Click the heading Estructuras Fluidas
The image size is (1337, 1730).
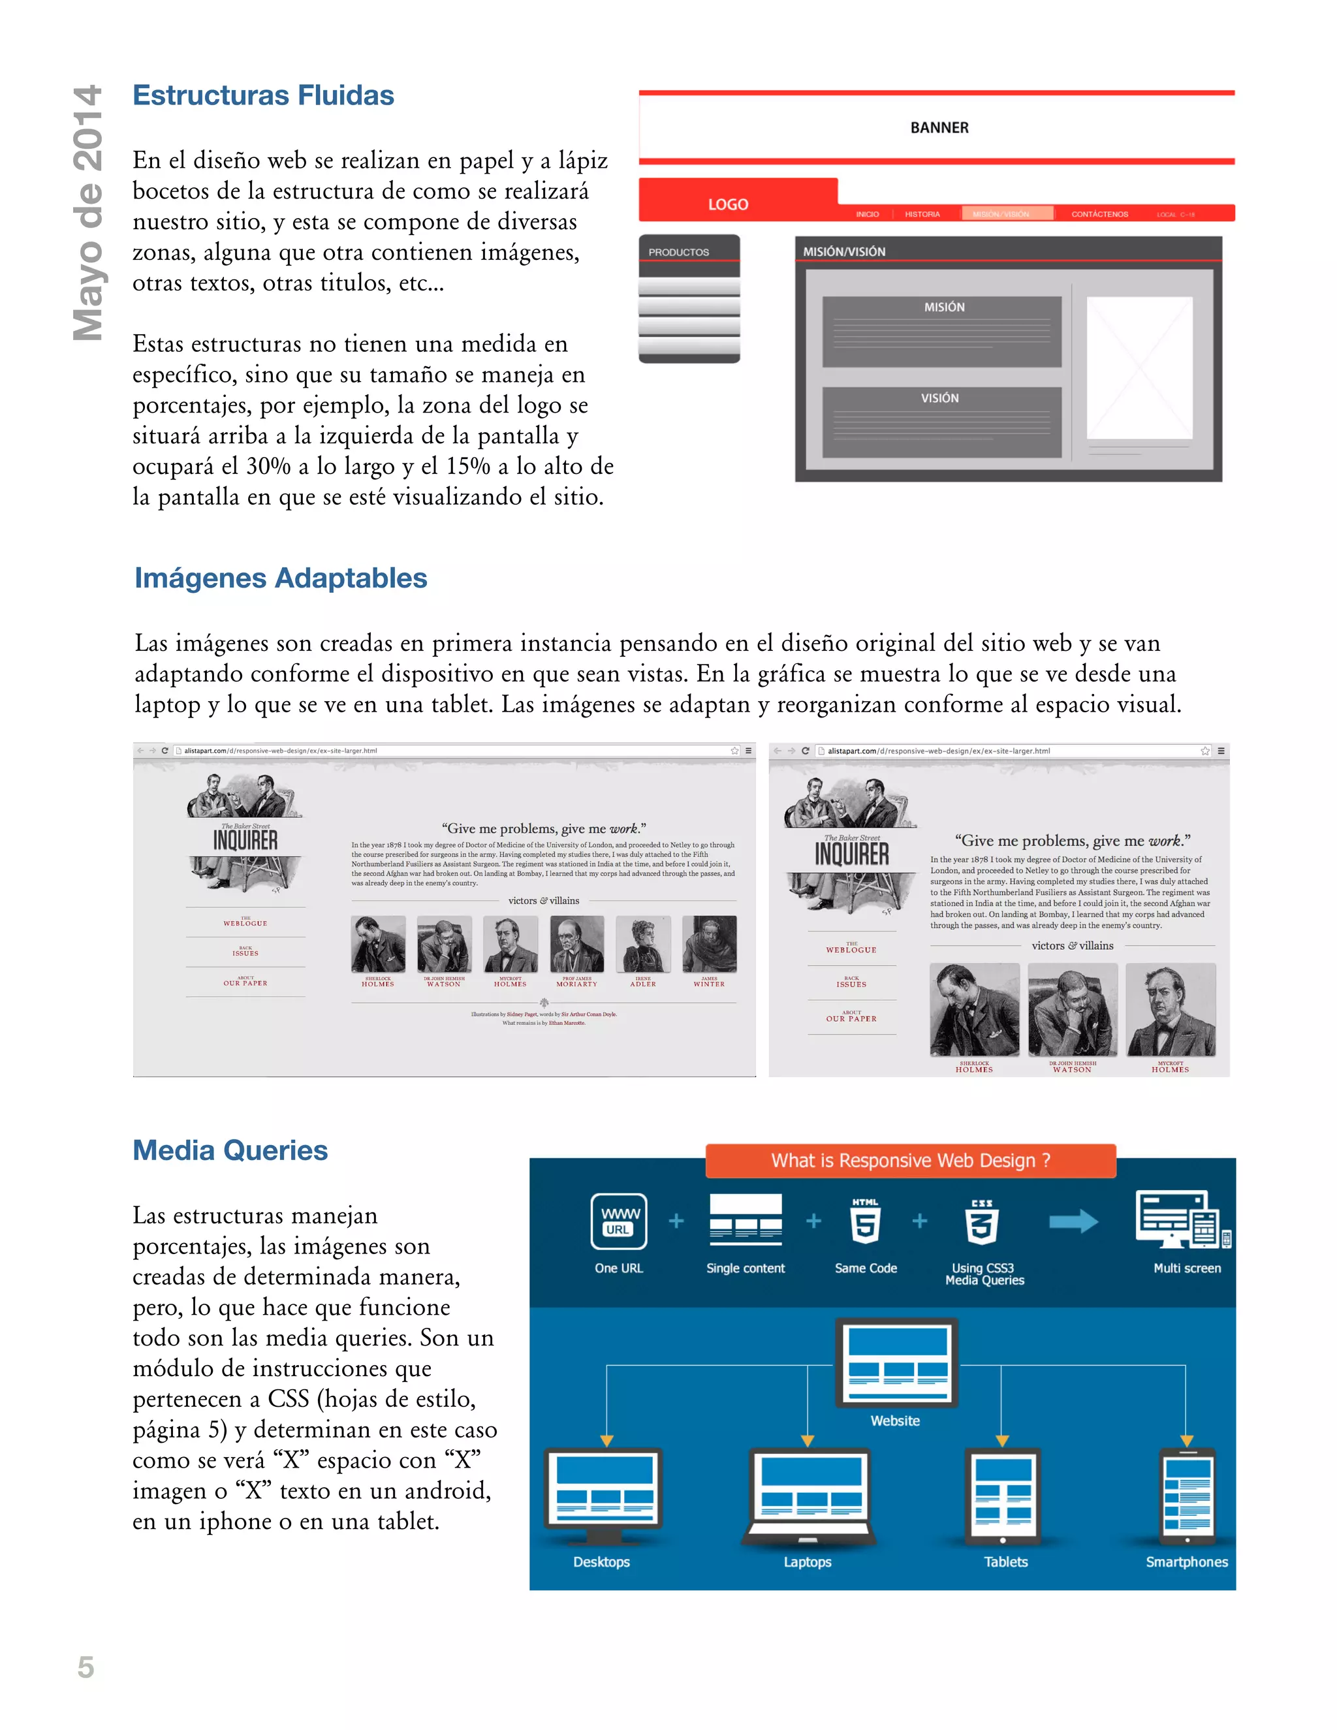pyautogui.click(x=263, y=95)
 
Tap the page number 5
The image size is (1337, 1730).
pyautogui.click(x=86, y=1667)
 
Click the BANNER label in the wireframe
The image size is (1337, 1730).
pyautogui.click(x=939, y=127)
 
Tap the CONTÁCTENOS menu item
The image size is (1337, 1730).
pyautogui.click(x=1099, y=214)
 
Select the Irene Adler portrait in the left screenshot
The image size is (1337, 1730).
pyautogui.click(x=642, y=943)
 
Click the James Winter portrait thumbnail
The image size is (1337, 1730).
pyautogui.click(x=709, y=943)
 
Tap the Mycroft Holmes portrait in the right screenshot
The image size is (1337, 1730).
pyautogui.click(x=1170, y=1009)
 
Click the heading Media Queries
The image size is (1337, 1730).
pyautogui.click(x=230, y=1150)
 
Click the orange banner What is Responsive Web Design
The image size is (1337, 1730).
pyautogui.click(x=910, y=1161)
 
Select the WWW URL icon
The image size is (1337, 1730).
pyautogui.click(x=619, y=1221)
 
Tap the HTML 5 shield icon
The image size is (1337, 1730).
pyautogui.click(x=865, y=1222)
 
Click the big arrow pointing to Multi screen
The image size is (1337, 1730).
pyautogui.click(x=1073, y=1221)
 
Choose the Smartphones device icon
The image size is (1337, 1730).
pyautogui.click(x=1186, y=1496)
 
